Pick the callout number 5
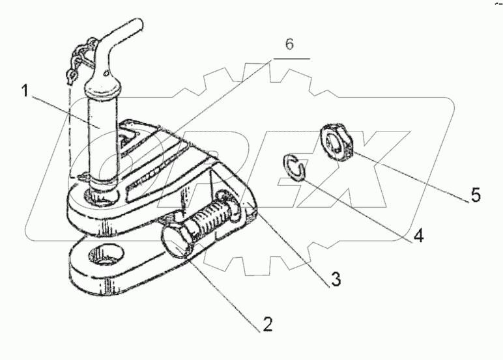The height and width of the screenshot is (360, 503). pos(477,195)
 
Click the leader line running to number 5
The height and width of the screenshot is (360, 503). pos(410,176)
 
